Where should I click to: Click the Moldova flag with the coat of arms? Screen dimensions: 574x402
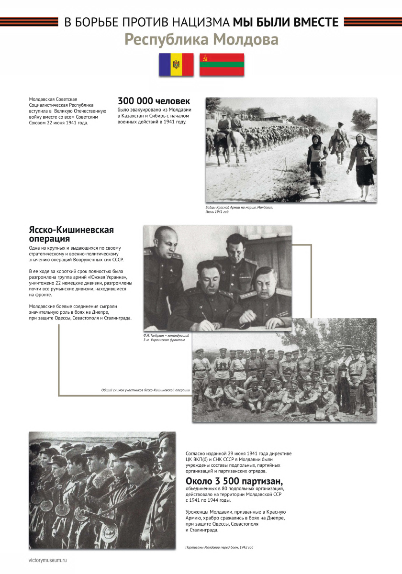(x=176, y=65)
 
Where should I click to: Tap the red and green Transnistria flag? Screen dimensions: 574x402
(x=222, y=65)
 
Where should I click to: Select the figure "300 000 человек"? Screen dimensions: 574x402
(x=154, y=101)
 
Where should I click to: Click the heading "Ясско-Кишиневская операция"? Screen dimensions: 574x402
(x=71, y=234)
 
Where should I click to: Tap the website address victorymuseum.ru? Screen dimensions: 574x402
(x=48, y=559)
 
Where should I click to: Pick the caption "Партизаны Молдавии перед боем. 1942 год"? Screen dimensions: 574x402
(x=219, y=547)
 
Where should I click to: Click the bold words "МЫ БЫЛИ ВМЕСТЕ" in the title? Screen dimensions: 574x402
(x=286, y=22)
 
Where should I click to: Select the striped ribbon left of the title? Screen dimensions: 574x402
(x=29, y=22)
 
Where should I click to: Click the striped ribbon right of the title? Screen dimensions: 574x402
(x=372, y=22)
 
